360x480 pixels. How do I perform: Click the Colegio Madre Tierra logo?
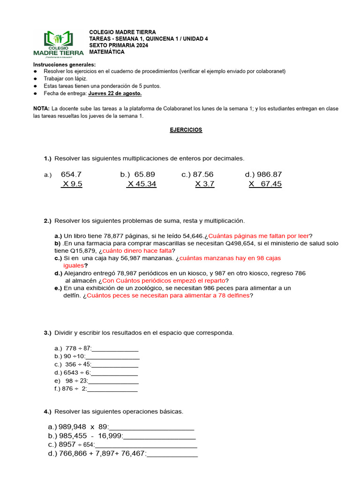point(58,43)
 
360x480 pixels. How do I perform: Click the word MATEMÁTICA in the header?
point(107,52)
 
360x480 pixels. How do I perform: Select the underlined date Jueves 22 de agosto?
point(115,94)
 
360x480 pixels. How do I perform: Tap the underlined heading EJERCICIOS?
point(186,130)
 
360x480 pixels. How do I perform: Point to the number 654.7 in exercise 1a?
point(71,174)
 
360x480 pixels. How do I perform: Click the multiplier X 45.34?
point(142,184)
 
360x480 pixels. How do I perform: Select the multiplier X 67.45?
point(265,184)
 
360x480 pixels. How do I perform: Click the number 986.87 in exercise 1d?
point(269,174)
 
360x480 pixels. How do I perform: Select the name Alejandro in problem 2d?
point(78,273)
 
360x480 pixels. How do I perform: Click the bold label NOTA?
point(41,108)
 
